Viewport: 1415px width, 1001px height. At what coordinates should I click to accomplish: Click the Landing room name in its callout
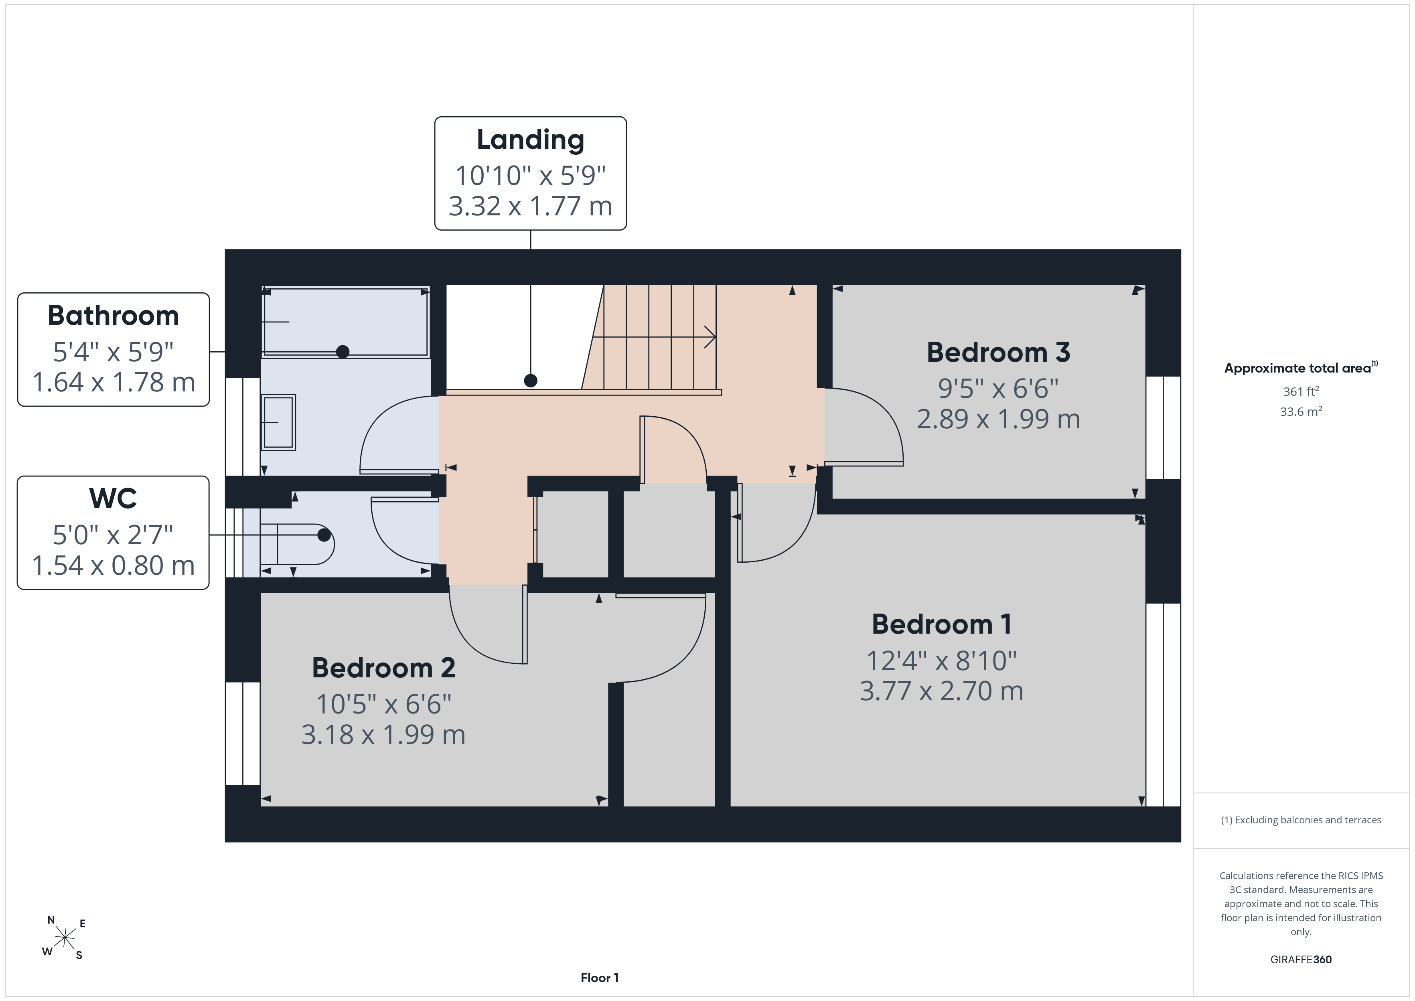point(531,140)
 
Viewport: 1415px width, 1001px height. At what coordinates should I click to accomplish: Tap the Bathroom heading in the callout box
point(114,316)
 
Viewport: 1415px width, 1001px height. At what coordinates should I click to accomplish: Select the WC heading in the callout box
point(114,498)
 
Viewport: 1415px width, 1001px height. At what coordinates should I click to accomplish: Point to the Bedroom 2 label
point(383,668)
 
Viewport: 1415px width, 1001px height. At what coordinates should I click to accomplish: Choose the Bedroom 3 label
point(998,353)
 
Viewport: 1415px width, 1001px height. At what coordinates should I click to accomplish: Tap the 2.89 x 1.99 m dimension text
point(998,419)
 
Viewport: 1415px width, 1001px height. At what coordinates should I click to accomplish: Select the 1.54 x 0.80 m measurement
point(114,565)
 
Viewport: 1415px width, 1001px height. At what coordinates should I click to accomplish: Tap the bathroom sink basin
point(279,422)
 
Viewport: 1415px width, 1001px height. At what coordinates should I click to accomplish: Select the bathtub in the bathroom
point(345,322)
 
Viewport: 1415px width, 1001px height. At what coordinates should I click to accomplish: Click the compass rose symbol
point(64,938)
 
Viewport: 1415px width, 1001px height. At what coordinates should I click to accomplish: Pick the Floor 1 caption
point(600,978)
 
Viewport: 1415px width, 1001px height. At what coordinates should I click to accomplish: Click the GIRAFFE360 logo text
point(1301,960)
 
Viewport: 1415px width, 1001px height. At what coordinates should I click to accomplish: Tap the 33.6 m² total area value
point(1301,411)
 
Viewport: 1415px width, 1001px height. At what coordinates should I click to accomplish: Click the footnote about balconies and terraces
point(1301,820)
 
